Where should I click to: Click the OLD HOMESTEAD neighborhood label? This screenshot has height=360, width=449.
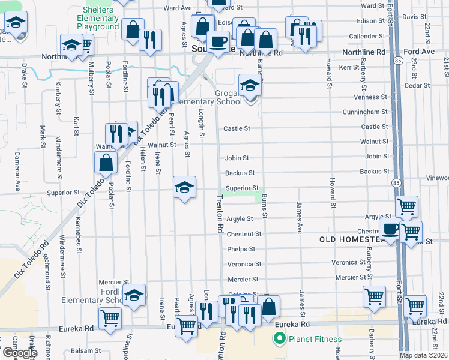(351, 239)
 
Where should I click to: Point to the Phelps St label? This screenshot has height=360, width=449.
(241, 249)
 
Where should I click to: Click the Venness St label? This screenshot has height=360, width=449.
(367, 97)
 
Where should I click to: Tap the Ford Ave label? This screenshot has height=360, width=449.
(423, 52)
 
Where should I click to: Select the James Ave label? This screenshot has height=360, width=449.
(298, 217)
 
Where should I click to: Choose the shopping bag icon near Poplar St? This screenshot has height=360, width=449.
(106, 162)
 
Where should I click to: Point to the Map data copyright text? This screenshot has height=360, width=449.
(424, 355)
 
